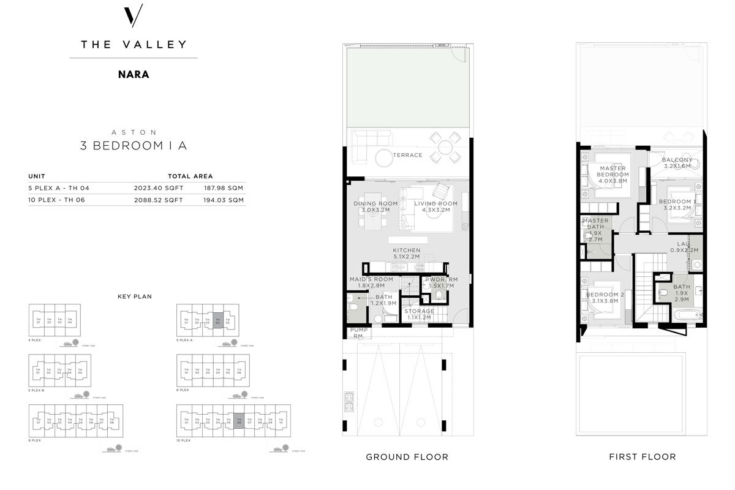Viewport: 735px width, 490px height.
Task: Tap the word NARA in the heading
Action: pyautogui.click(x=134, y=75)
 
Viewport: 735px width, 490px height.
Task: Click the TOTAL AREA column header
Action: pyautogui.click(x=190, y=176)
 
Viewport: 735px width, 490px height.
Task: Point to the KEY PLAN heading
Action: pyautogui.click(x=135, y=296)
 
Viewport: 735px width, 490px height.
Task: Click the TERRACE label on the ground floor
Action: pyautogui.click(x=408, y=155)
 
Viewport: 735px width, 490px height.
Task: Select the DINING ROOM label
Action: pyautogui.click(x=375, y=207)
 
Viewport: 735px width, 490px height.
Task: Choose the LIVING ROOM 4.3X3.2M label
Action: pyautogui.click(x=435, y=207)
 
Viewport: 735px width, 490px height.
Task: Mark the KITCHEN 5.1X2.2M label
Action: pyautogui.click(x=407, y=254)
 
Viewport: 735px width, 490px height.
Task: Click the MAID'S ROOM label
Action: pyautogui.click(x=371, y=282)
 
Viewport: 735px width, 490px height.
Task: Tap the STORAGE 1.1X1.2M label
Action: pyautogui.click(x=420, y=314)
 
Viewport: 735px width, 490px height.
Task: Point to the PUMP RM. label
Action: pyautogui.click(x=358, y=333)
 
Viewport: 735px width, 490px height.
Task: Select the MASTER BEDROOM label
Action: pyautogui.click(x=613, y=175)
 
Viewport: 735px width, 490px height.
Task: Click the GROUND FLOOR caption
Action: pyautogui.click(x=407, y=457)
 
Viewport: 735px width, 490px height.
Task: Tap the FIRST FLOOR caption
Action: pyautogui.click(x=642, y=457)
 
